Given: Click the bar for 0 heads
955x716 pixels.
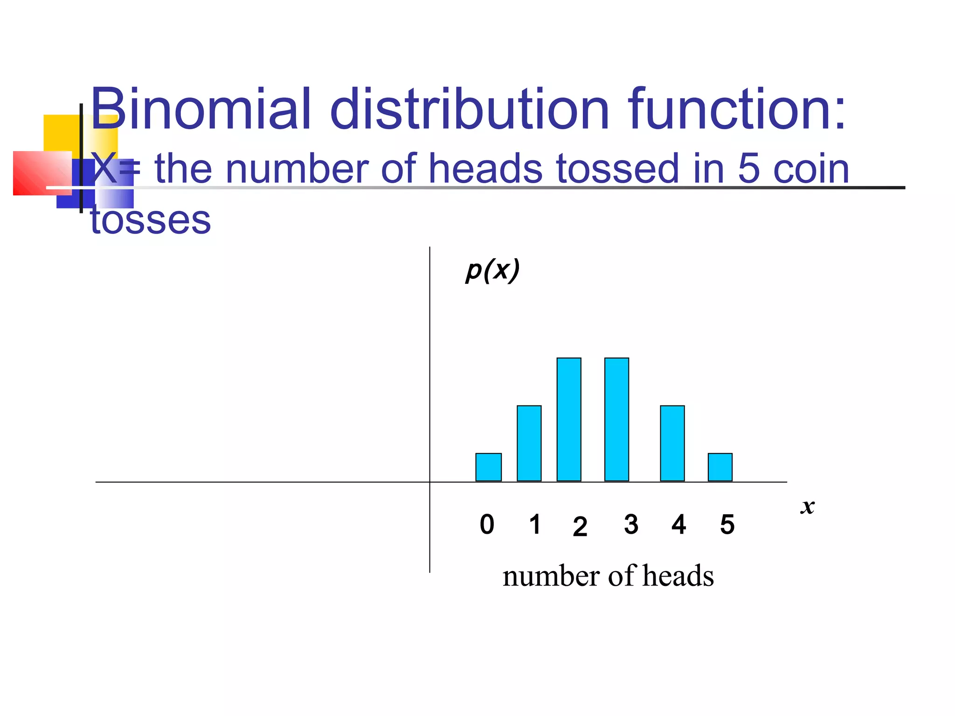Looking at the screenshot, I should pyautogui.click(x=488, y=467).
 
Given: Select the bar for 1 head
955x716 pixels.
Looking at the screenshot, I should pyautogui.click(x=529, y=443).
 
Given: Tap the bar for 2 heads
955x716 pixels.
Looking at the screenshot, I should pyautogui.click(x=569, y=420).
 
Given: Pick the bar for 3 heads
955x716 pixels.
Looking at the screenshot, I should pyautogui.click(x=616, y=420).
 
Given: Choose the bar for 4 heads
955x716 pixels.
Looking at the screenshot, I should pyautogui.click(x=672, y=443).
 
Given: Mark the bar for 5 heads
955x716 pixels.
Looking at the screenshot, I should pyautogui.click(x=720, y=467).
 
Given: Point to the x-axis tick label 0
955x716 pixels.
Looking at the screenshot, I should pyautogui.click(x=487, y=524).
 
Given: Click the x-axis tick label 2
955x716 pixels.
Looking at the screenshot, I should pyautogui.click(x=580, y=527).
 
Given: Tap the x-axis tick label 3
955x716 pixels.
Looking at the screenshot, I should pyautogui.click(x=631, y=524).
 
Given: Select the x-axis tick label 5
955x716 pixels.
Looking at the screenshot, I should pyautogui.click(x=727, y=525).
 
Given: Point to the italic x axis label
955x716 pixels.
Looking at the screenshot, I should pyautogui.click(x=808, y=506).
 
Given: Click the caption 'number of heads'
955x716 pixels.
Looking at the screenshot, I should pyautogui.click(x=608, y=576).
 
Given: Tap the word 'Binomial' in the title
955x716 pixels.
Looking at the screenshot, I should pyautogui.click(x=201, y=109).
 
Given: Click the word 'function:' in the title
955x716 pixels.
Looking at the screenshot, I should pyautogui.click(x=737, y=109).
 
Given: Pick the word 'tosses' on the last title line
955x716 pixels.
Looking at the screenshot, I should pyautogui.click(x=150, y=220).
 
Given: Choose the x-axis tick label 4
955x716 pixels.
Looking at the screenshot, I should pyautogui.click(x=678, y=524).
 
